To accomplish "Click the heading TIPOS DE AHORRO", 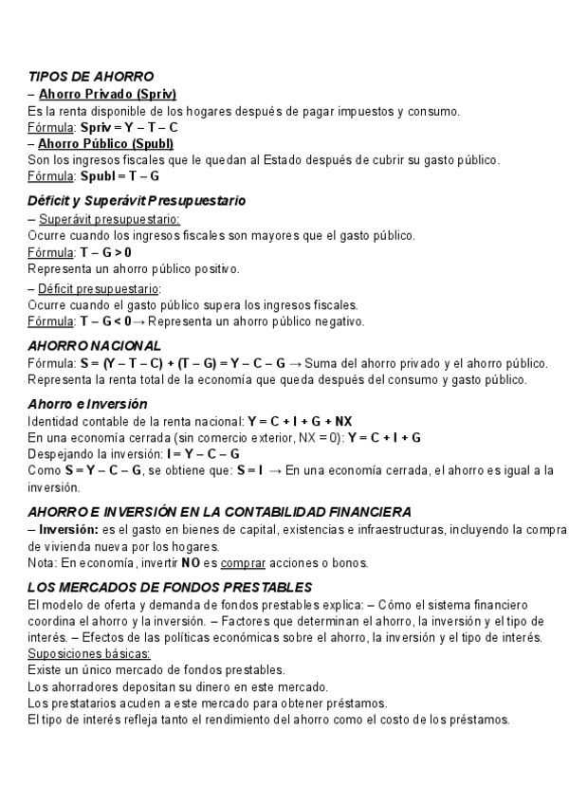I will pyautogui.click(x=91, y=76).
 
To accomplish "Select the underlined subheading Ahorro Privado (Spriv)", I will pyautogui.click(x=107, y=93).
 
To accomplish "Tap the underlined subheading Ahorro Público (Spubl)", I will pyautogui.click(x=106, y=143).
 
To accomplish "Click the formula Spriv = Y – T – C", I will pyautogui.click(x=130, y=126).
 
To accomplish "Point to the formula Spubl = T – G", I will pyautogui.click(x=120, y=176).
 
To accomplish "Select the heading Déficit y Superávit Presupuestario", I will pyautogui.click(x=137, y=201).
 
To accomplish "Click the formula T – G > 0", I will pyautogui.click(x=105, y=252).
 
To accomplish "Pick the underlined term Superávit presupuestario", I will pyautogui.click(x=109, y=218).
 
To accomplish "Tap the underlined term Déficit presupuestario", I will pyautogui.click(x=101, y=287).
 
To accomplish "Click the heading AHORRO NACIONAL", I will pyautogui.click(x=95, y=346).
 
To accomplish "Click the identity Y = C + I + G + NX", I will pyautogui.click(x=300, y=420).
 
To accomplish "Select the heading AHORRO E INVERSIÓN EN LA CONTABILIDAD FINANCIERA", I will pyautogui.click(x=219, y=511).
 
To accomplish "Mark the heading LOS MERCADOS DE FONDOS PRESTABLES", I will pyautogui.click(x=171, y=587).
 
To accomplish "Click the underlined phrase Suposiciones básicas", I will pyautogui.click(x=89, y=654).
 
